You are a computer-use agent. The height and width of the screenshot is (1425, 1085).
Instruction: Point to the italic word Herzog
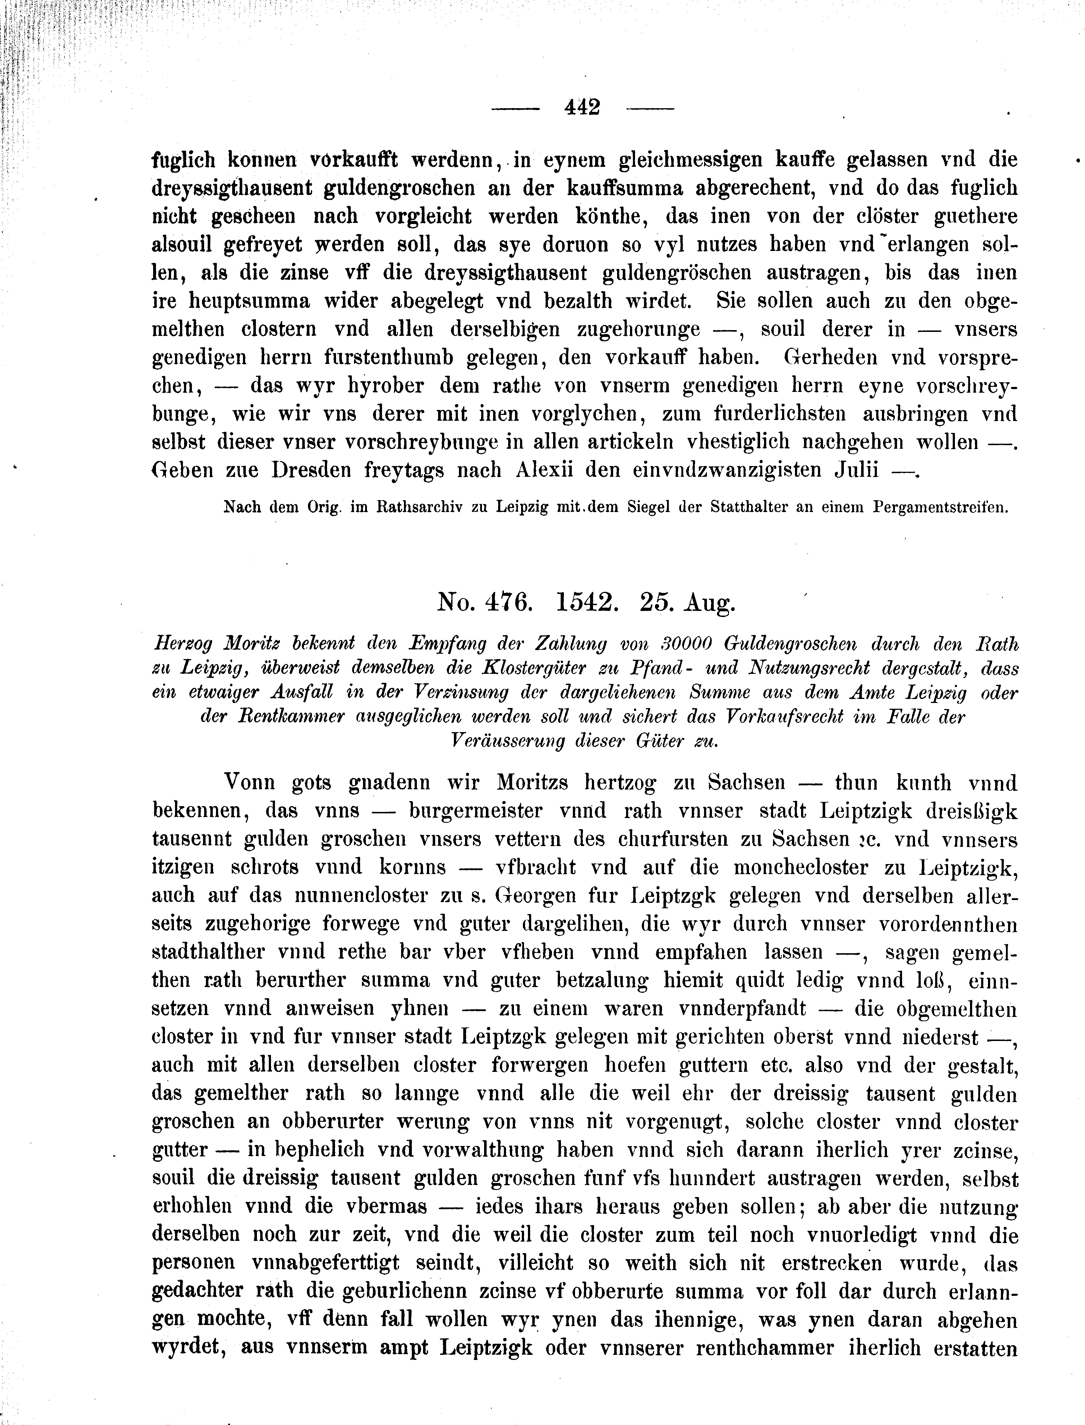pos(183,644)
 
